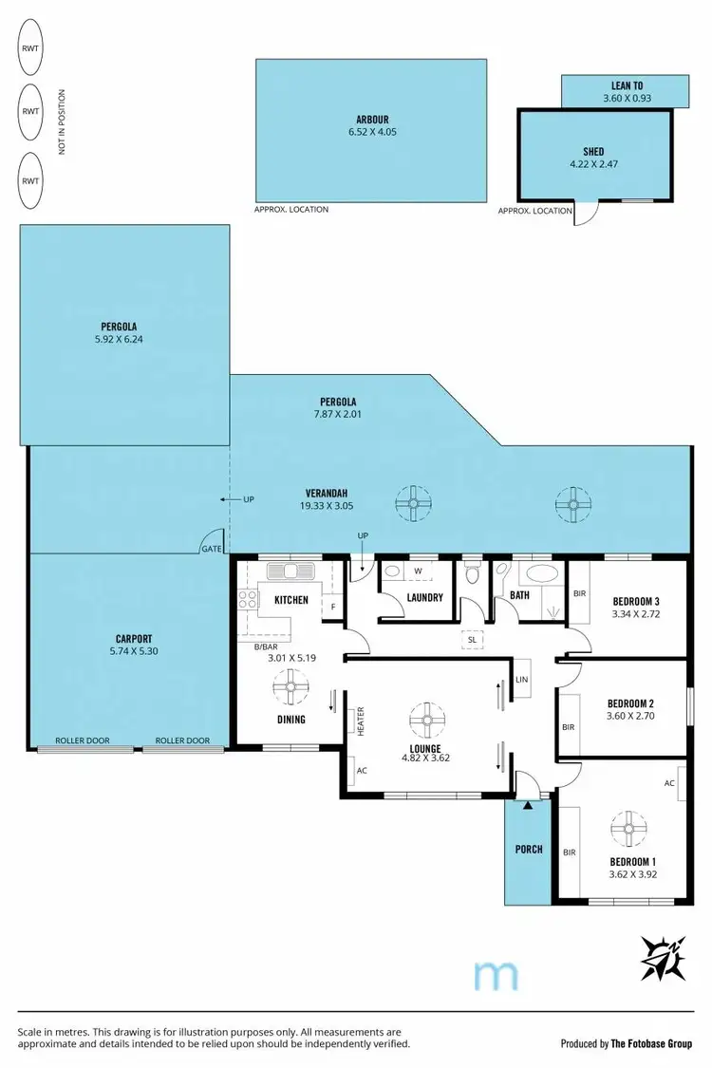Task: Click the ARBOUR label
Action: click(x=370, y=119)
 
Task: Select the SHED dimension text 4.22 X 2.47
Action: click(x=592, y=164)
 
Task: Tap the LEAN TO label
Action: click(x=627, y=85)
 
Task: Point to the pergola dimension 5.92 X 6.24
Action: click(x=122, y=338)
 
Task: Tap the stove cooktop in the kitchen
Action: click(x=248, y=599)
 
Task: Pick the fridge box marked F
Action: click(x=333, y=605)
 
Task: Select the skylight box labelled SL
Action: click(x=472, y=640)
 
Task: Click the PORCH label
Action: click(x=529, y=849)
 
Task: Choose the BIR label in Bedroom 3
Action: click(x=579, y=593)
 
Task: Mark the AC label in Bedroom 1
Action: click(x=669, y=782)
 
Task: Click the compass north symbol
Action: click(x=664, y=958)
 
